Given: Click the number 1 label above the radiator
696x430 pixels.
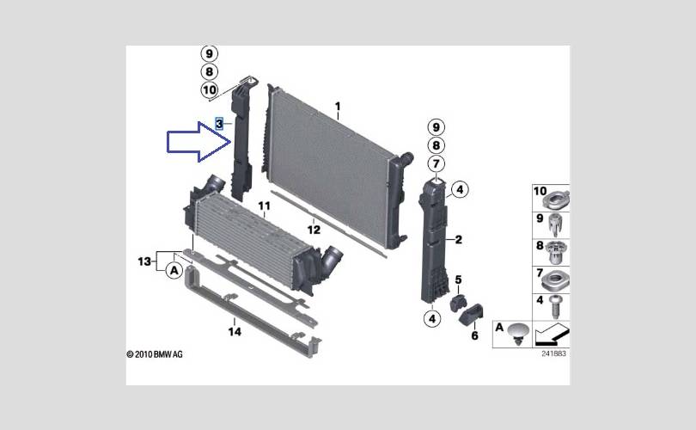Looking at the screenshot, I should coord(338,107).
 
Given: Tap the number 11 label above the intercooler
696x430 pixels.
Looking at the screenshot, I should coord(264,206).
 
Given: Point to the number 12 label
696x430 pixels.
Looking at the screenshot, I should coord(314,230).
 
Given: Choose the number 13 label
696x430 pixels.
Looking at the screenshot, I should coord(143,260).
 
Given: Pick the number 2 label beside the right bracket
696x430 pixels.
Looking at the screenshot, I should coord(458,240).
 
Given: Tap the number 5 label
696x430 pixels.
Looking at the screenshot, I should coord(458,280).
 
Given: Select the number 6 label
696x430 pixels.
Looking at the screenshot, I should coord(473,335).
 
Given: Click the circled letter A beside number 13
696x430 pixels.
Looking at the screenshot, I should coord(174,271).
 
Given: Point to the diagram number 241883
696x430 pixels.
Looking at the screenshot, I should coord(554,353).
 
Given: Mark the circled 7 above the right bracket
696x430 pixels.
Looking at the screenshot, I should coord(436,164).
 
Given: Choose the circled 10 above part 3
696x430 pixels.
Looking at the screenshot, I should coord(210,89).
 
